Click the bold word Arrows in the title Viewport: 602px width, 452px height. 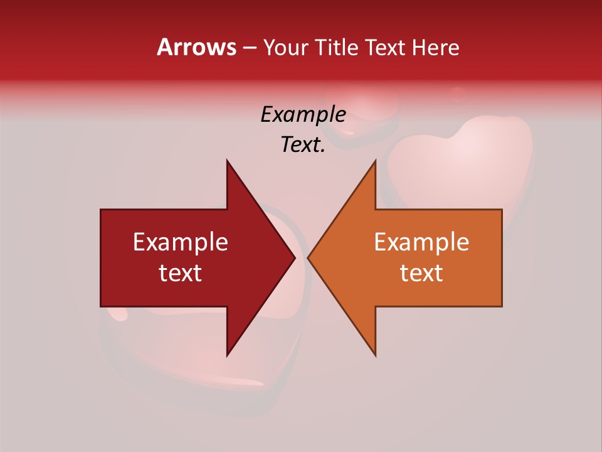pyautogui.click(x=197, y=47)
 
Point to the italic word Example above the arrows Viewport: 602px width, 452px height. pyautogui.click(x=303, y=114)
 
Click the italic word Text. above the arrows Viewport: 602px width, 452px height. pyautogui.click(x=303, y=144)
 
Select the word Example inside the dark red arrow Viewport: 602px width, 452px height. pyautogui.click(x=181, y=242)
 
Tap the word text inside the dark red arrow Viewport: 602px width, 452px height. pyautogui.click(x=181, y=273)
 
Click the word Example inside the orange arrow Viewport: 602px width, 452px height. pyautogui.click(x=421, y=242)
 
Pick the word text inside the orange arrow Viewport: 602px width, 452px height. pyautogui.click(x=421, y=273)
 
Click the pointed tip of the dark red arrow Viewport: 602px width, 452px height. pyautogui.click(x=295, y=258)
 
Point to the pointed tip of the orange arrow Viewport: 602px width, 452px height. pyautogui.click(x=308, y=258)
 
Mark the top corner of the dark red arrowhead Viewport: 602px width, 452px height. pyautogui.click(x=227, y=161)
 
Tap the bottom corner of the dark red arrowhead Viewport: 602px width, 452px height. pyautogui.click(x=227, y=355)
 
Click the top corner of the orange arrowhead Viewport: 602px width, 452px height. pyautogui.click(x=375, y=161)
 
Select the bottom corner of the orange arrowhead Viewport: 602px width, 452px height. pyautogui.click(x=375, y=355)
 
